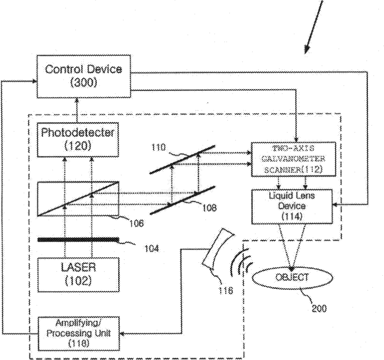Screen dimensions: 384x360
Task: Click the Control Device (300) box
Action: [x=84, y=76]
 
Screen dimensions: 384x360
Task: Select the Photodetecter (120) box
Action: [x=78, y=140]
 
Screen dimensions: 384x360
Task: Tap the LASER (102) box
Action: [x=78, y=275]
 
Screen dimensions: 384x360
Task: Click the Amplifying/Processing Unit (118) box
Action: [x=78, y=333]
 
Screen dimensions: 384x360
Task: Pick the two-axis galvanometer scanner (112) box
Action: [x=293, y=159]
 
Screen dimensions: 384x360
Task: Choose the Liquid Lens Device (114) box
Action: [x=292, y=206]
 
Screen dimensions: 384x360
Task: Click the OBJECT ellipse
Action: [x=292, y=278]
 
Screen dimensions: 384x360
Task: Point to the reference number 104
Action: [x=151, y=249]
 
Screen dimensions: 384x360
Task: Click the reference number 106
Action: [x=137, y=223]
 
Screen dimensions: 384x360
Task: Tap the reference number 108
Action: [x=209, y=208]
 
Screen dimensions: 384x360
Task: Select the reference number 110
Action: [x=158, y=147]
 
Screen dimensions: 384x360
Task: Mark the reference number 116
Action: [x=226, y=291]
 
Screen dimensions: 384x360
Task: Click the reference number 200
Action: [x=319, y=309]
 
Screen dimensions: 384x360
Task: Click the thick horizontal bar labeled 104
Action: [x=78, y=240]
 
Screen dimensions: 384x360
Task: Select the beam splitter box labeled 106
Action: [x=78, y=199]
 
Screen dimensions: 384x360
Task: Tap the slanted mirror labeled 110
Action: [x=183, y=159]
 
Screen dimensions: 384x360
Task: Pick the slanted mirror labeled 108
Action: [x=183, y=200]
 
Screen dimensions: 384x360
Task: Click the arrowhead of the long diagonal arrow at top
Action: [x=306, y=50]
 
